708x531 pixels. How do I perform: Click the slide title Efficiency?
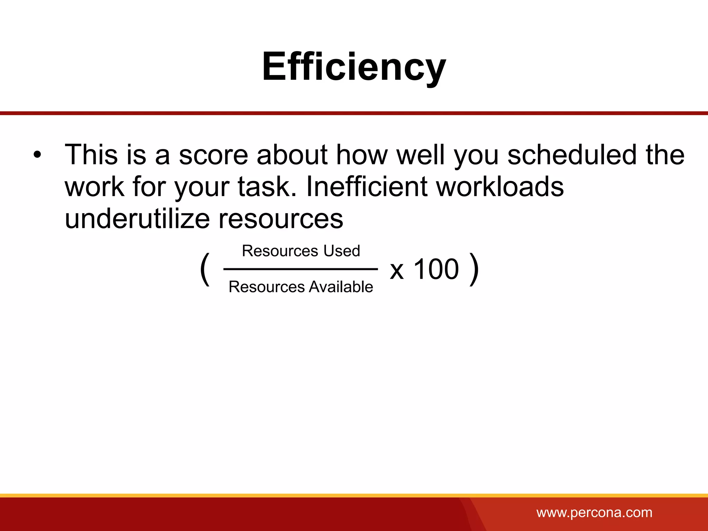[x=354, y=67]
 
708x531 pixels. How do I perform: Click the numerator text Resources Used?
[x=301, y=251]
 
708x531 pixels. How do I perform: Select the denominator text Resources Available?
[x=301, y=287]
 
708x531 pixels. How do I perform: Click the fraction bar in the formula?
[x=301, y=269]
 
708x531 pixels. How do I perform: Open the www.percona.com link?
[x=594, y=512]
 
